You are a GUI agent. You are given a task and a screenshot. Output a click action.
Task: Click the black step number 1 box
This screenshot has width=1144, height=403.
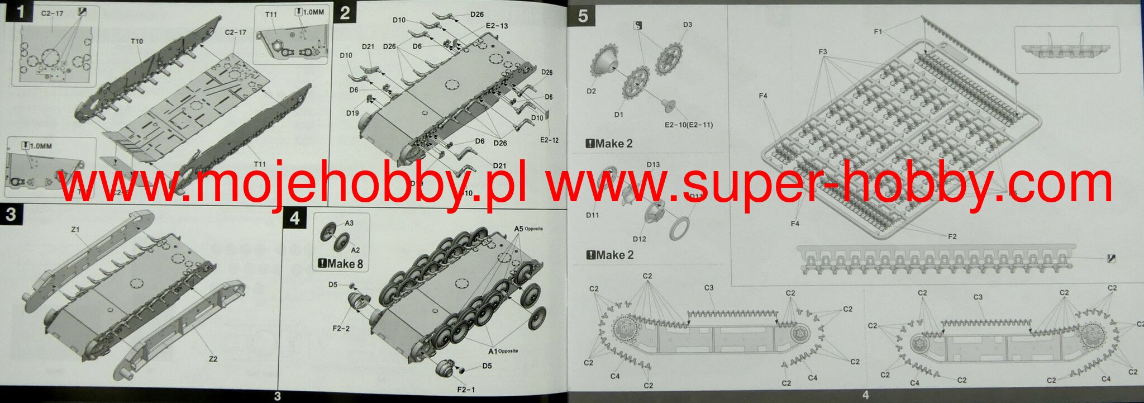tap(21, 12)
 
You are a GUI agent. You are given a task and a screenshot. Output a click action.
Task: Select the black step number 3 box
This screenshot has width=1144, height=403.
tap(11, 214)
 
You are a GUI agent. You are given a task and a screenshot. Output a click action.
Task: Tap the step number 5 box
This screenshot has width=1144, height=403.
tap(583, 16)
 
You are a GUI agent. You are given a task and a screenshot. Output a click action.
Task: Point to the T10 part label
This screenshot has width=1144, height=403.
tap(137, 41)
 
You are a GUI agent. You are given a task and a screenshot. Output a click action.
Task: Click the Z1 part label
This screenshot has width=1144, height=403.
tap(75, 230)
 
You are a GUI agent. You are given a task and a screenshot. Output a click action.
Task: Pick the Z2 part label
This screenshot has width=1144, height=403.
tap(213, 359)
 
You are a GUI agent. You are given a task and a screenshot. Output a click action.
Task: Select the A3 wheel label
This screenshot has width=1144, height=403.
tap(349, 223)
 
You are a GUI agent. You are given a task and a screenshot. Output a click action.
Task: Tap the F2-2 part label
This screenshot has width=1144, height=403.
tap(341, 329)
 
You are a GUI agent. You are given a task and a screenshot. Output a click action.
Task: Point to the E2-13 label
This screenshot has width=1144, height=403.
tap(497, 26)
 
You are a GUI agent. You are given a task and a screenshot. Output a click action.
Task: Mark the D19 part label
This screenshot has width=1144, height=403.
tap(352, 113)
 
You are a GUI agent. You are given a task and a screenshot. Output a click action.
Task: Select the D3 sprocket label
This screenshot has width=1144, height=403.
tap(688, 25)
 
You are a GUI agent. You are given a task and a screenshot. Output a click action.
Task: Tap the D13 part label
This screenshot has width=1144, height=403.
tap(653, 165)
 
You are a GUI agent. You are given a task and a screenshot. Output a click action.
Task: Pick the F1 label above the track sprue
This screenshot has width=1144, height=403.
tap(878, 32)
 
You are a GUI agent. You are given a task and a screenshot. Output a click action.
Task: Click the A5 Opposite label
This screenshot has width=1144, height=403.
tap(528, 229)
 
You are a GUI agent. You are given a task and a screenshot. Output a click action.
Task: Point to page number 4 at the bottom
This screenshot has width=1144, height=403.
tap(866, 395)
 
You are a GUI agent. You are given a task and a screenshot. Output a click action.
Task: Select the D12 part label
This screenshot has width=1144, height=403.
tap(640, 239)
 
